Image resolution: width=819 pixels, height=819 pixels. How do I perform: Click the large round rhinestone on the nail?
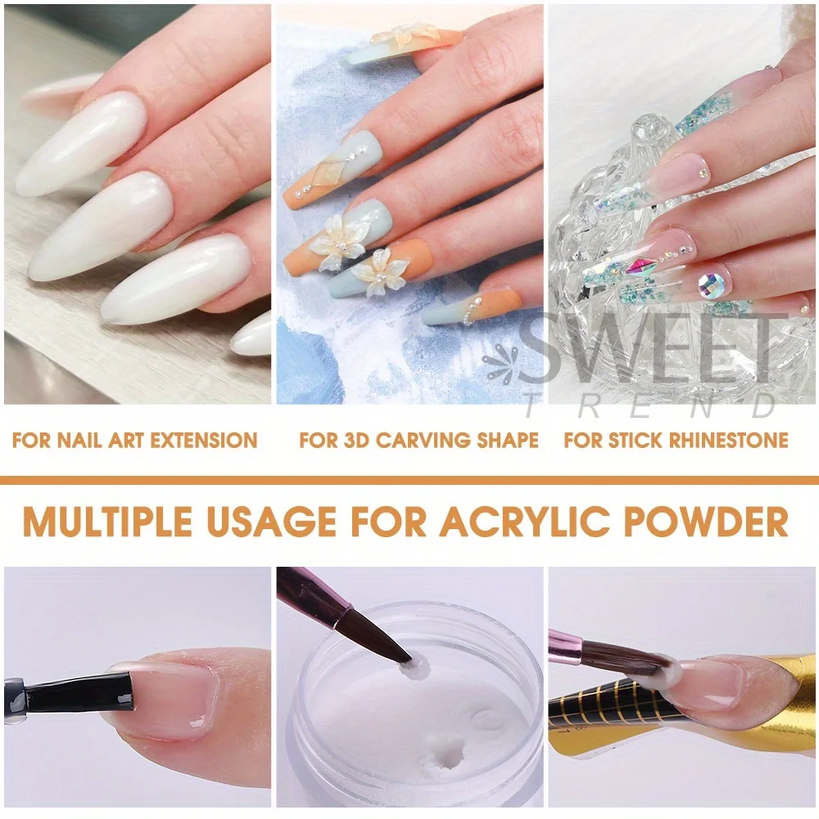click(x=713, y=284)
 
